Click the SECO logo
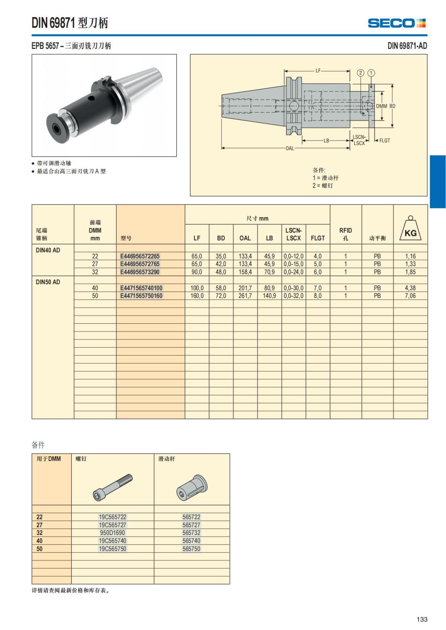click(x=397, y=23)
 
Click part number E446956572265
click(x=140, y=256)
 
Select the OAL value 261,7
click(x=245, y=296)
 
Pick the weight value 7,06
click(x=410, y=296)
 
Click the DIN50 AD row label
click(x=48, y=282)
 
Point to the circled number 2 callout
click(x=361, y=73)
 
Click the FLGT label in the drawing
click(x=384, y=140)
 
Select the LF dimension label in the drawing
click(x=318, y=71)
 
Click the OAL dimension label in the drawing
click(x=290, y=148)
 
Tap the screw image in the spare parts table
click(x=113, y=486)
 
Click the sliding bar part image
click(x=191, y=487)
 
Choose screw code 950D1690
click(x=112, y=533)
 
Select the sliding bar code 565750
click(x=191, y=549)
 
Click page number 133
click(x=422, y=619)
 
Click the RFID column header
click(x=345, y=234)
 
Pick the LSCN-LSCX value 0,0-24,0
click(x=293, y=272)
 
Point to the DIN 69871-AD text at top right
click(x=407, y=46)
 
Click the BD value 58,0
click(x=221, y=288)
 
